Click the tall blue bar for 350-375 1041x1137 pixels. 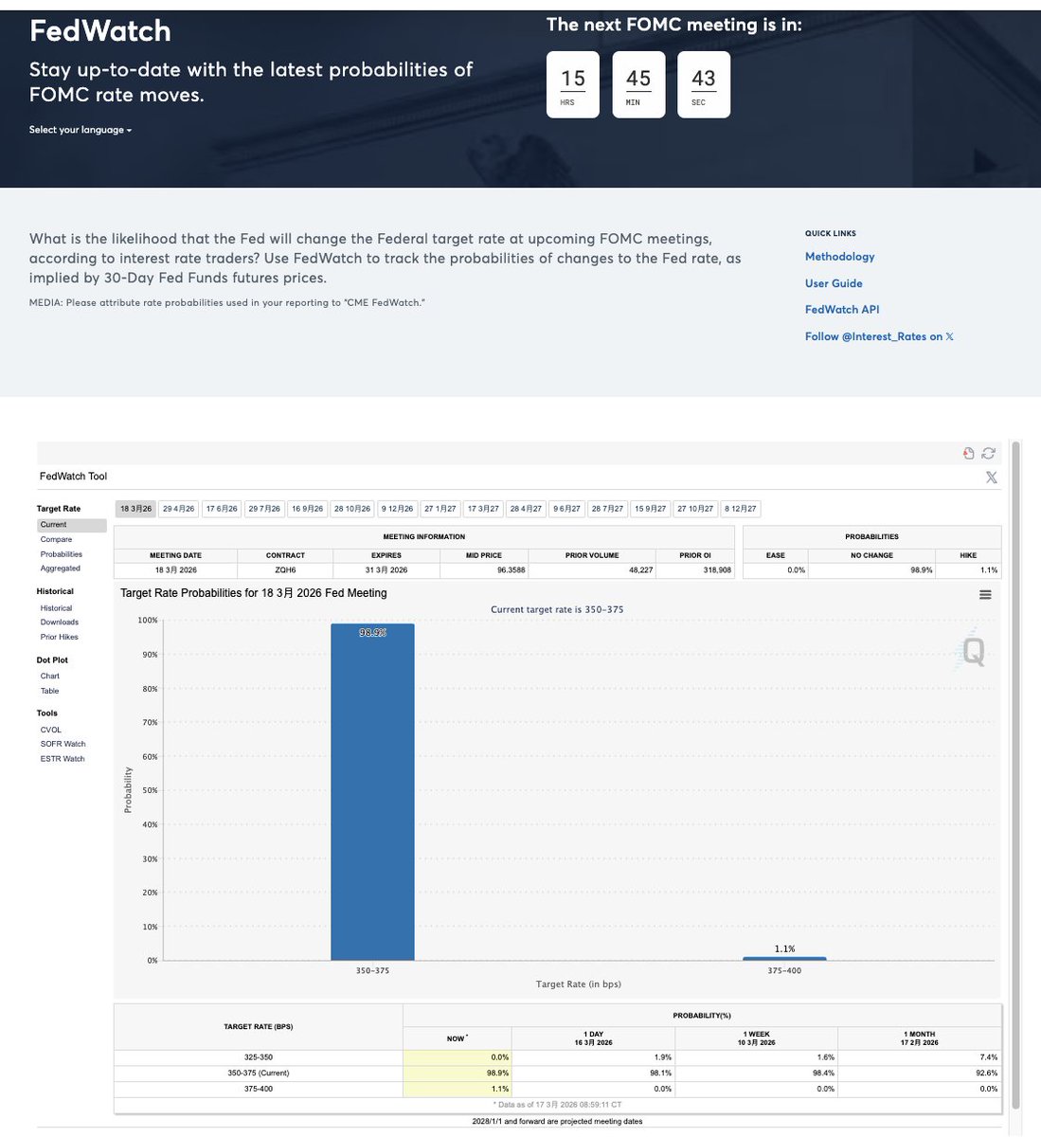[x=372, y=791]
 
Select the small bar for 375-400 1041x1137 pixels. [x=784, y=958]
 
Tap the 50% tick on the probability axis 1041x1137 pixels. [x=150, y=790]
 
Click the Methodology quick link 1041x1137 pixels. [x=839, y=257]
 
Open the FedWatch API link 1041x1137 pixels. [x=842, y=310]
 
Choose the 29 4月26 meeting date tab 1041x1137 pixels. [x=178, y=509]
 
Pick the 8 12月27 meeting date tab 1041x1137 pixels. [x=741, y=509]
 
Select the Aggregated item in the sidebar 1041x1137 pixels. [x=61, y=568]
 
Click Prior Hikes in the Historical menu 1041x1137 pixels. [x=60, y=637]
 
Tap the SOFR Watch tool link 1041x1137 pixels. [x=63, y=744]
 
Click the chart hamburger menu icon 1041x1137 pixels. [x=985, y=595]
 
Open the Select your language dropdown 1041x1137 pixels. [x=81, y=130]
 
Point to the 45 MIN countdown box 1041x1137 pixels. [x=638, y=84]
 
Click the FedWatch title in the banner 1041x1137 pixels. [x=100, y=31]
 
